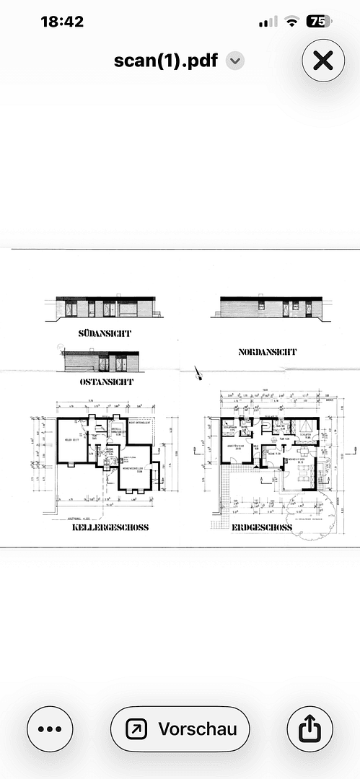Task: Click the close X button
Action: [x=323, y=61]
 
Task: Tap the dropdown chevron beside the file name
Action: [x=234, y=61]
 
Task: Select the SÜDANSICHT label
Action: [x=109, y=333]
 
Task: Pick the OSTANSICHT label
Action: [x=107, y=381]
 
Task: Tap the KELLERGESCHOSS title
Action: [x=110, y=527]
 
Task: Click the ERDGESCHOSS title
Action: [x=262, y=527]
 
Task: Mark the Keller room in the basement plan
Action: [x=69, y=441]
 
